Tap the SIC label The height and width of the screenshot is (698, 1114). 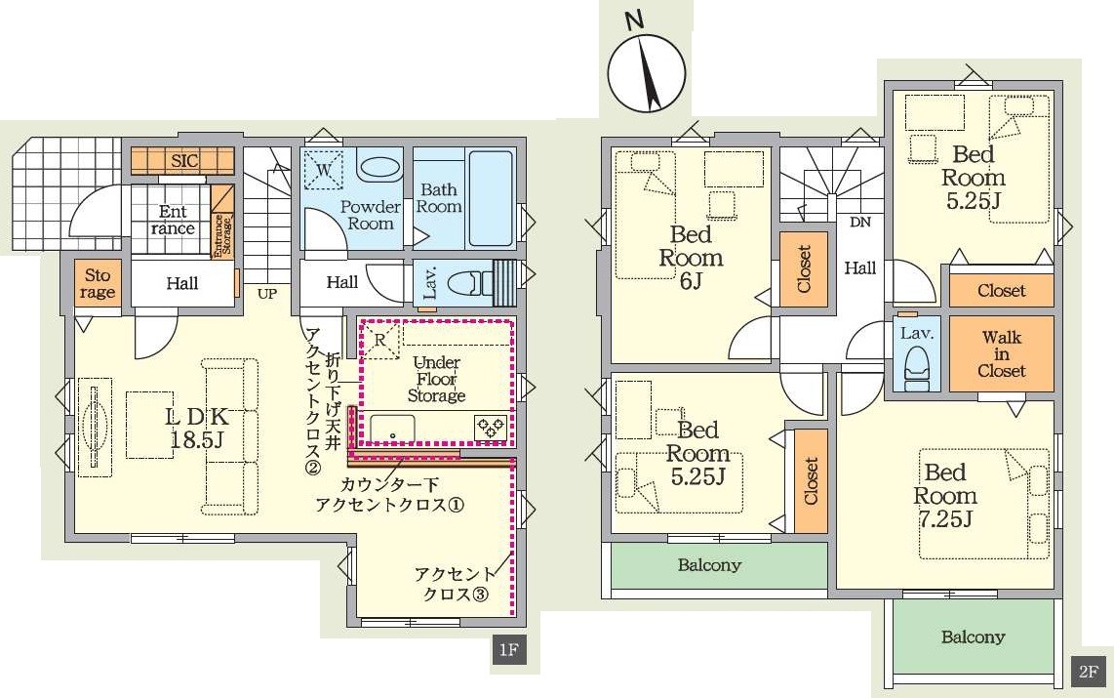coord(184,160)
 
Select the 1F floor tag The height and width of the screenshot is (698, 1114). coord(508,649)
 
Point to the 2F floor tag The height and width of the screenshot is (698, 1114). coord(1089,671)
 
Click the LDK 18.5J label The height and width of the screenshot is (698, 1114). coord(197,428)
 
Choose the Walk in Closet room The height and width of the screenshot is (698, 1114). coord(1001,353)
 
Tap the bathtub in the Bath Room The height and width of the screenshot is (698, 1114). coord(491,198)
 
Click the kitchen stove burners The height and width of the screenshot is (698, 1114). coord(491,428)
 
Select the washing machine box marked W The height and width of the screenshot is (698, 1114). coord(323,171)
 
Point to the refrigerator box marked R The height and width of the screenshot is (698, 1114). coord(380,340)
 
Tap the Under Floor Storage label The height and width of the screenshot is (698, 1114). coord(436,379)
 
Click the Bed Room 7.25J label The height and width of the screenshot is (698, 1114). coord(945,495)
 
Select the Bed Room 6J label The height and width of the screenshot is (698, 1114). coord(691,257)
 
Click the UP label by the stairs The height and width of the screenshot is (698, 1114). coord(267,293)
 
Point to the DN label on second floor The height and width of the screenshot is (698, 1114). coord(860,222)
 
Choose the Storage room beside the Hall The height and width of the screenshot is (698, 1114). coord(99,284)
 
